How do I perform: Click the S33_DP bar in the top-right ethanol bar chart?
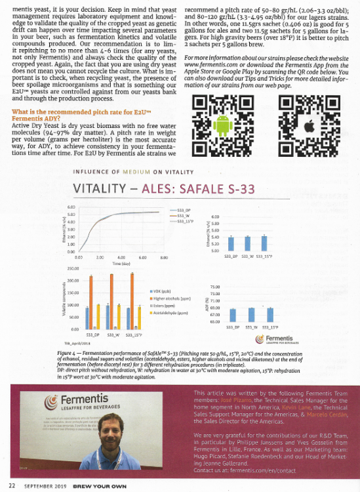[x=231, y=243]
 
